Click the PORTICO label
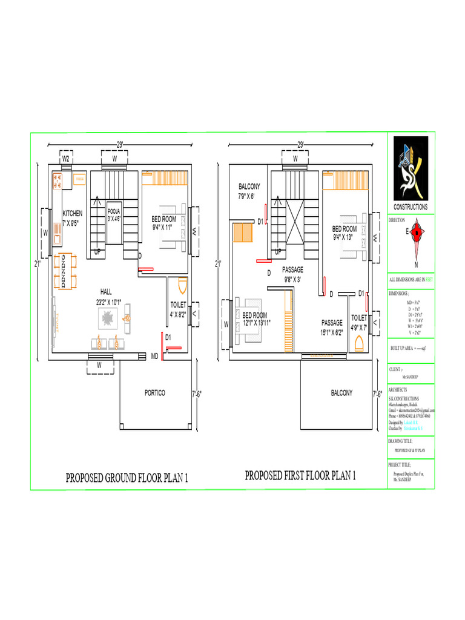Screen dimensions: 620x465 [154, 393]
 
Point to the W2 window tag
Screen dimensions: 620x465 [67, 159]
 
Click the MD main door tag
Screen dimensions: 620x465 [154, 355]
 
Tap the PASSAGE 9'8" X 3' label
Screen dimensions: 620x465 [292, 274]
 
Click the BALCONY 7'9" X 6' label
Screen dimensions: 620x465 [249, 191]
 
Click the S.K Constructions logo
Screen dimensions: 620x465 [411, 169]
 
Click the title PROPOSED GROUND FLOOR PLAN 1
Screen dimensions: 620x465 [127, 478]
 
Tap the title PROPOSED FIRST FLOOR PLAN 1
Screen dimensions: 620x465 [300, 476]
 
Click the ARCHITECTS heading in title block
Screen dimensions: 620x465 [398, 390]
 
